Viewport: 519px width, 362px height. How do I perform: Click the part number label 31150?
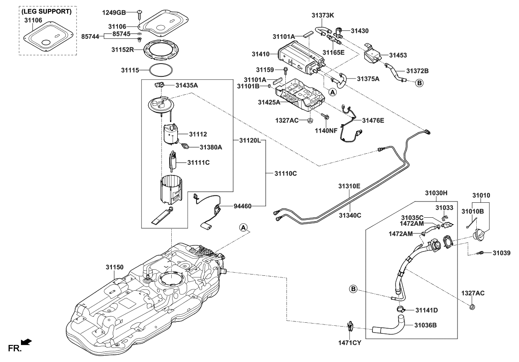pos(114,267)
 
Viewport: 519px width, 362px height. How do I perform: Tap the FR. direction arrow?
pos(26,341)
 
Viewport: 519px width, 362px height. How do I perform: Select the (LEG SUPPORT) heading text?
pos(47,12)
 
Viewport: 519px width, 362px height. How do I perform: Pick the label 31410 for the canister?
pos(260,54)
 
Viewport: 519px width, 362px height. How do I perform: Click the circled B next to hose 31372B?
pos(419,83)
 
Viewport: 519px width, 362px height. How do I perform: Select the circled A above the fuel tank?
pos(243,228)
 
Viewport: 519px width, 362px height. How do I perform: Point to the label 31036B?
pos(425,325)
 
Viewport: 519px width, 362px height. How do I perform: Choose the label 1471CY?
pos(350,342)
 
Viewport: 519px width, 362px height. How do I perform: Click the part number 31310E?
pos(349,186)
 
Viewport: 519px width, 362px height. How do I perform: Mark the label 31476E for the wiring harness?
pos(373,120)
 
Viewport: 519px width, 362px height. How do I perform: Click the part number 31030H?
pos(436,193)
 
